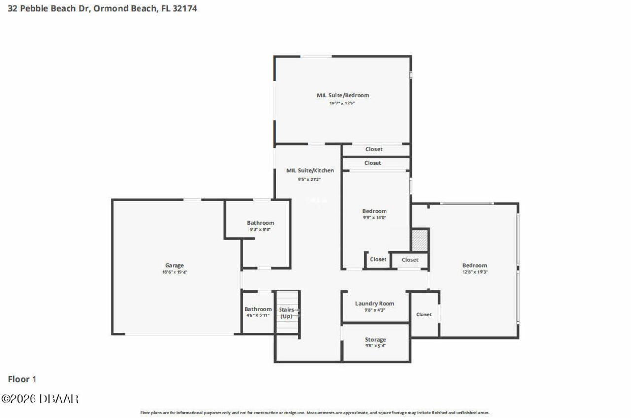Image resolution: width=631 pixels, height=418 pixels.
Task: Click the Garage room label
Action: [x=174, y=265]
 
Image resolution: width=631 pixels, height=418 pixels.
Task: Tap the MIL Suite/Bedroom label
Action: [x=343, y=95]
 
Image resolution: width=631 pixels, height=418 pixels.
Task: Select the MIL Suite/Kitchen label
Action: [x=310, y=170]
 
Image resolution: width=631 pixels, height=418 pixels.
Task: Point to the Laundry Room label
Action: [x=375, y=303]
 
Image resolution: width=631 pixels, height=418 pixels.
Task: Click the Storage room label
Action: [x=375, y=339]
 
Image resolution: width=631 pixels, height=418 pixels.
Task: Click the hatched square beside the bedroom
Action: [x=420, y=240]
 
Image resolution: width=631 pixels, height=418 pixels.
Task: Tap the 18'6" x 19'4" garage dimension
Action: [x=175, y=272]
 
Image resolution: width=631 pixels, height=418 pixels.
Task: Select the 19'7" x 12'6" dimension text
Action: [x=343, y=103]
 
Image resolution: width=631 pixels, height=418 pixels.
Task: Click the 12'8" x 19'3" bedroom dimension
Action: [x=474, y=272]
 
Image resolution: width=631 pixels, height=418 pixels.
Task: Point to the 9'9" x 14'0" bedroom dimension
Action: [x=375, y=217]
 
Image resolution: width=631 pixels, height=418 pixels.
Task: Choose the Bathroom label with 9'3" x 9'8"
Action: [x=260, y=223]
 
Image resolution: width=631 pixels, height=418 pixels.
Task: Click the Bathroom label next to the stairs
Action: [x=258, y=309]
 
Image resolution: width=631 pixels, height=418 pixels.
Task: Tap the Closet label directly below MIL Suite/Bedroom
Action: [x=374, y=149]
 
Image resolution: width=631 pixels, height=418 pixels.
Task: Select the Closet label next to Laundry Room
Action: [x=424, y=314]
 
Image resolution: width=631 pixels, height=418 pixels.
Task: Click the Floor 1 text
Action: [x=22, y=379]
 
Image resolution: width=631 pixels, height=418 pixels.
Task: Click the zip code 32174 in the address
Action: [x=185, y=8]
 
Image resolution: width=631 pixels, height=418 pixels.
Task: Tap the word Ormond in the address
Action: [x=106, y=8]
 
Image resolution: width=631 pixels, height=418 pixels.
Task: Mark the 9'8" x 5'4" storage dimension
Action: [x=375, y=346]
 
